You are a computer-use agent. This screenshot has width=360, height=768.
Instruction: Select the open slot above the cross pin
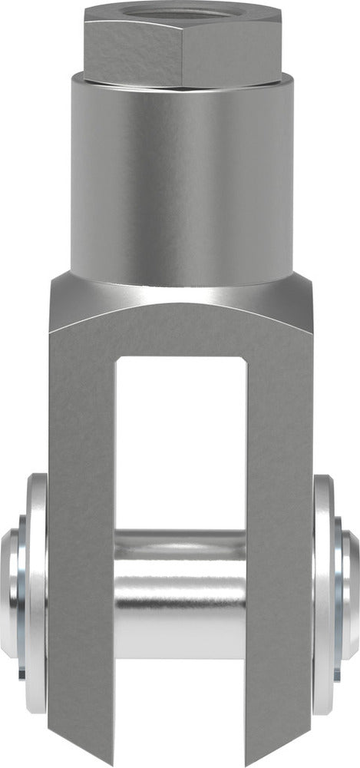tap(181, 445)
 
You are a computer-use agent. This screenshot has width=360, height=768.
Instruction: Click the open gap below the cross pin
tap(181, 714)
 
